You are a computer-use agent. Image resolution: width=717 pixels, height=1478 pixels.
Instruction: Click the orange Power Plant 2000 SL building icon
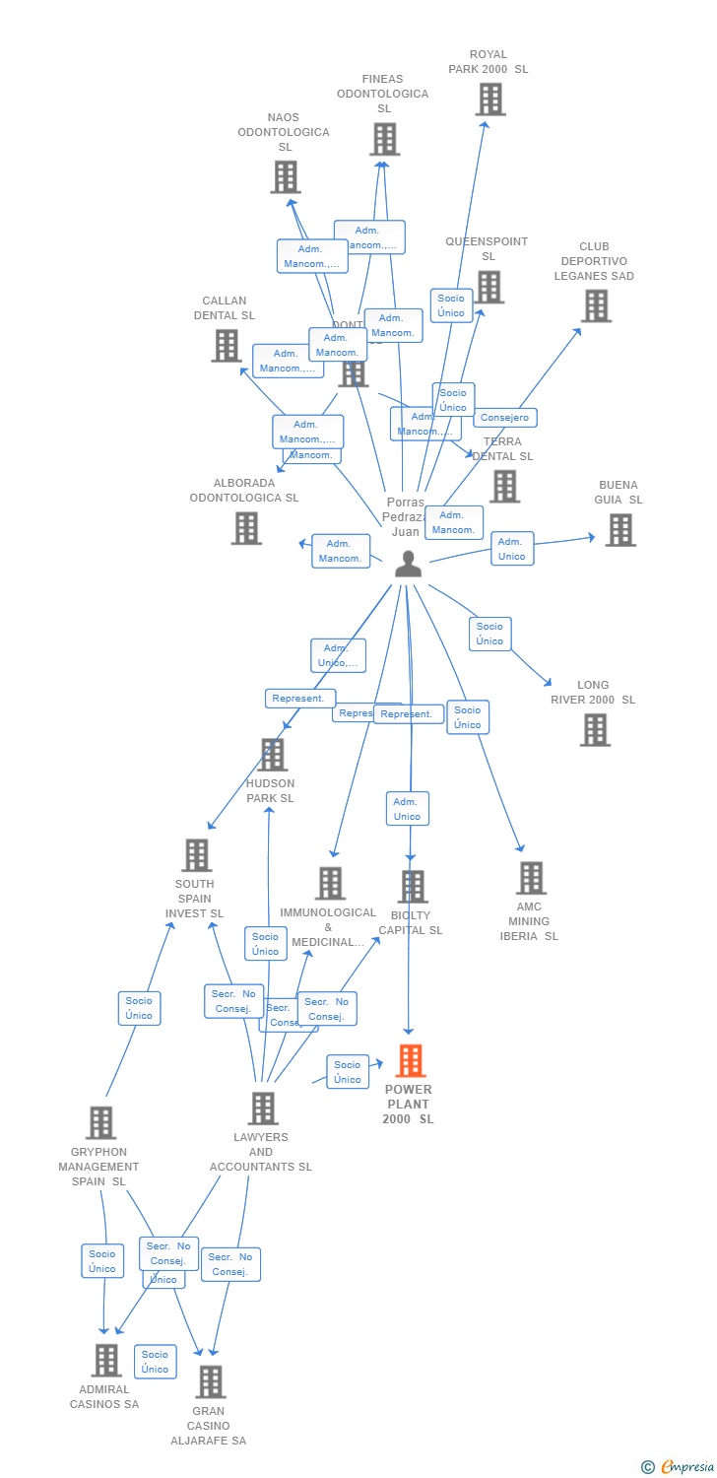[x=411, y=1061]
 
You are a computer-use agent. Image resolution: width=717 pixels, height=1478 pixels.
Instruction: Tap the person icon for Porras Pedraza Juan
[x=408, y=565]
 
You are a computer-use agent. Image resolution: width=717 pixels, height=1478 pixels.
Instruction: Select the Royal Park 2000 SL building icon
[x=490, y=100]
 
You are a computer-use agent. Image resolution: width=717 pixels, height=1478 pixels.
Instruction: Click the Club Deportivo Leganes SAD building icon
[x=596, y=306]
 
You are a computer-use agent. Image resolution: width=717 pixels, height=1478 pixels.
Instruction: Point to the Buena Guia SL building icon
[x=619, y=530]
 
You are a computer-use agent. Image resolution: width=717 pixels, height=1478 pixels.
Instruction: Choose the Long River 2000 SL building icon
[x=595, y=730]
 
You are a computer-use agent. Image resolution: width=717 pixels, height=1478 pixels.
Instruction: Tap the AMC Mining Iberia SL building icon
[x=531, y=878]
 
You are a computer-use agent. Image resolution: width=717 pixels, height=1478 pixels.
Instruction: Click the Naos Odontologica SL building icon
[x=286, y=177]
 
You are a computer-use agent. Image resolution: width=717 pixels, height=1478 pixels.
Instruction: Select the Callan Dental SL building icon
[x=227, y=346]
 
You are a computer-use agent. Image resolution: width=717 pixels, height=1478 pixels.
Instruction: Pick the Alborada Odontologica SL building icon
[x=246, y=528]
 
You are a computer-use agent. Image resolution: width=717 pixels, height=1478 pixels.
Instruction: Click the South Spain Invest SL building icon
[x=197, y=855]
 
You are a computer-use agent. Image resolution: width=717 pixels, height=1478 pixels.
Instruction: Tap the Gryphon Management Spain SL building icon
[x=100, y=1123]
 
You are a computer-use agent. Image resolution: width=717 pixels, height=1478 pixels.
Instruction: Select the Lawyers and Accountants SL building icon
[x=262, y=1108]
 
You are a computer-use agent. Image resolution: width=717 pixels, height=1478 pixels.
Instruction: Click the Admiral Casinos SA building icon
[x=106, y=1361]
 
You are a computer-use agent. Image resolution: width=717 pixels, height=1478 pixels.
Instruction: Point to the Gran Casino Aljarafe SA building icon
[x=210, y=1382]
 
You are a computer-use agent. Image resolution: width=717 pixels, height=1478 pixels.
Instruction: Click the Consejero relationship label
[x=505, y=418]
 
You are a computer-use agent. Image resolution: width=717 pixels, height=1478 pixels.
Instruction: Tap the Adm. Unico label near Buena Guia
[x=512, y=549]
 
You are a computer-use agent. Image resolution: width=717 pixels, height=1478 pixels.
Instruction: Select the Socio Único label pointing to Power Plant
[x=347, y=1072]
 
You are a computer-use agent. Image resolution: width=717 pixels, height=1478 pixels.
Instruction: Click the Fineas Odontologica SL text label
[x=383, y=94]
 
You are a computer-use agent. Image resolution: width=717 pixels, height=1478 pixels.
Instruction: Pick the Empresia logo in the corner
[x=679, y=1467]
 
